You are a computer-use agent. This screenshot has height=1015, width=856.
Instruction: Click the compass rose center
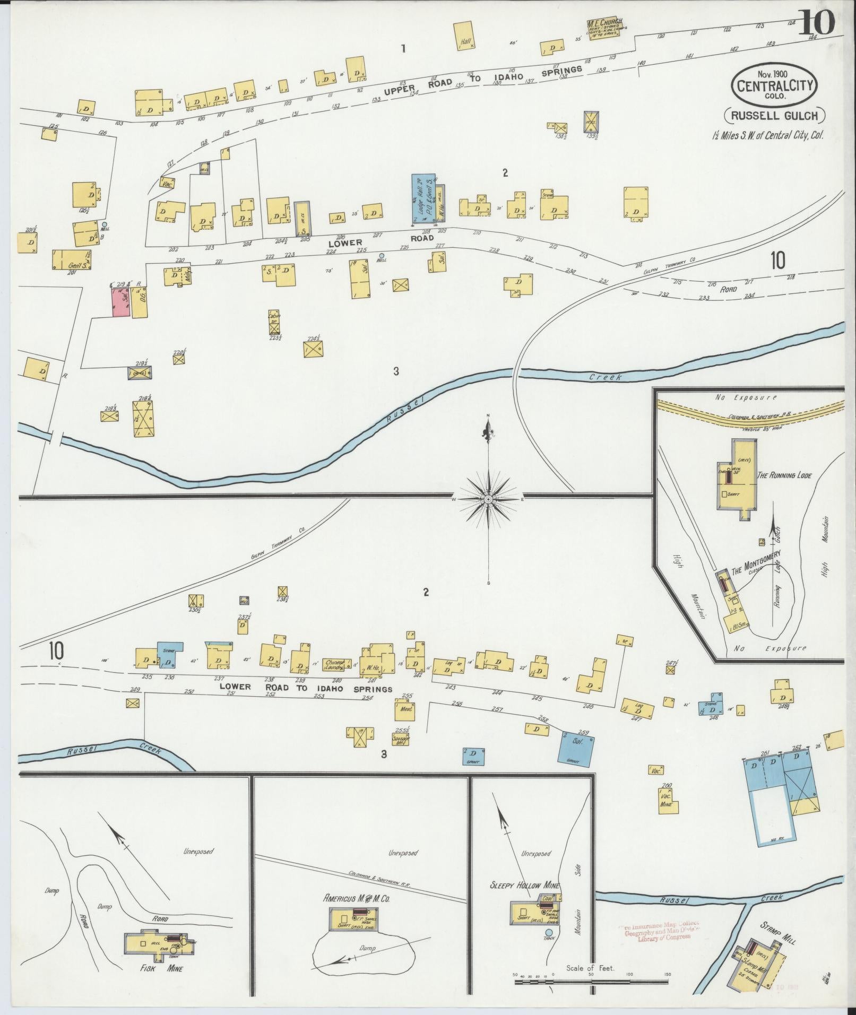(488, 499)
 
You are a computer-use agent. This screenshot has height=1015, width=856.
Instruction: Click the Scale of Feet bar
(591, 982)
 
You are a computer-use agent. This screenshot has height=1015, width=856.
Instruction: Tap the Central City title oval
(775, 85)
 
